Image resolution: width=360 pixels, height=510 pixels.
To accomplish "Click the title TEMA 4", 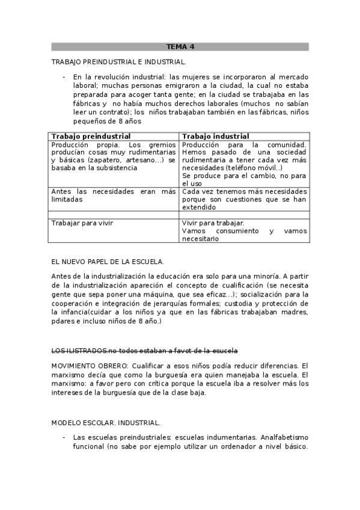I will (180, 46).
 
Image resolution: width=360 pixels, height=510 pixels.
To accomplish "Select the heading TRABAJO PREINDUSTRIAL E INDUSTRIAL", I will (119, 62).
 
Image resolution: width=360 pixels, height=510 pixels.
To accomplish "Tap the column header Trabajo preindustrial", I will (91, 137).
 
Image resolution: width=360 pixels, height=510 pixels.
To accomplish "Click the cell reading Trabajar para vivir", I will (82, 223).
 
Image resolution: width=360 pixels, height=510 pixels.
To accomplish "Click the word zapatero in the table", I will (105, 160).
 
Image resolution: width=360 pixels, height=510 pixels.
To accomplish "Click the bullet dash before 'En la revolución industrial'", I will (64, 77).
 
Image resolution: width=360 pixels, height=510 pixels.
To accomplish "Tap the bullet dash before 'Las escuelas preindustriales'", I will (64, 437).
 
